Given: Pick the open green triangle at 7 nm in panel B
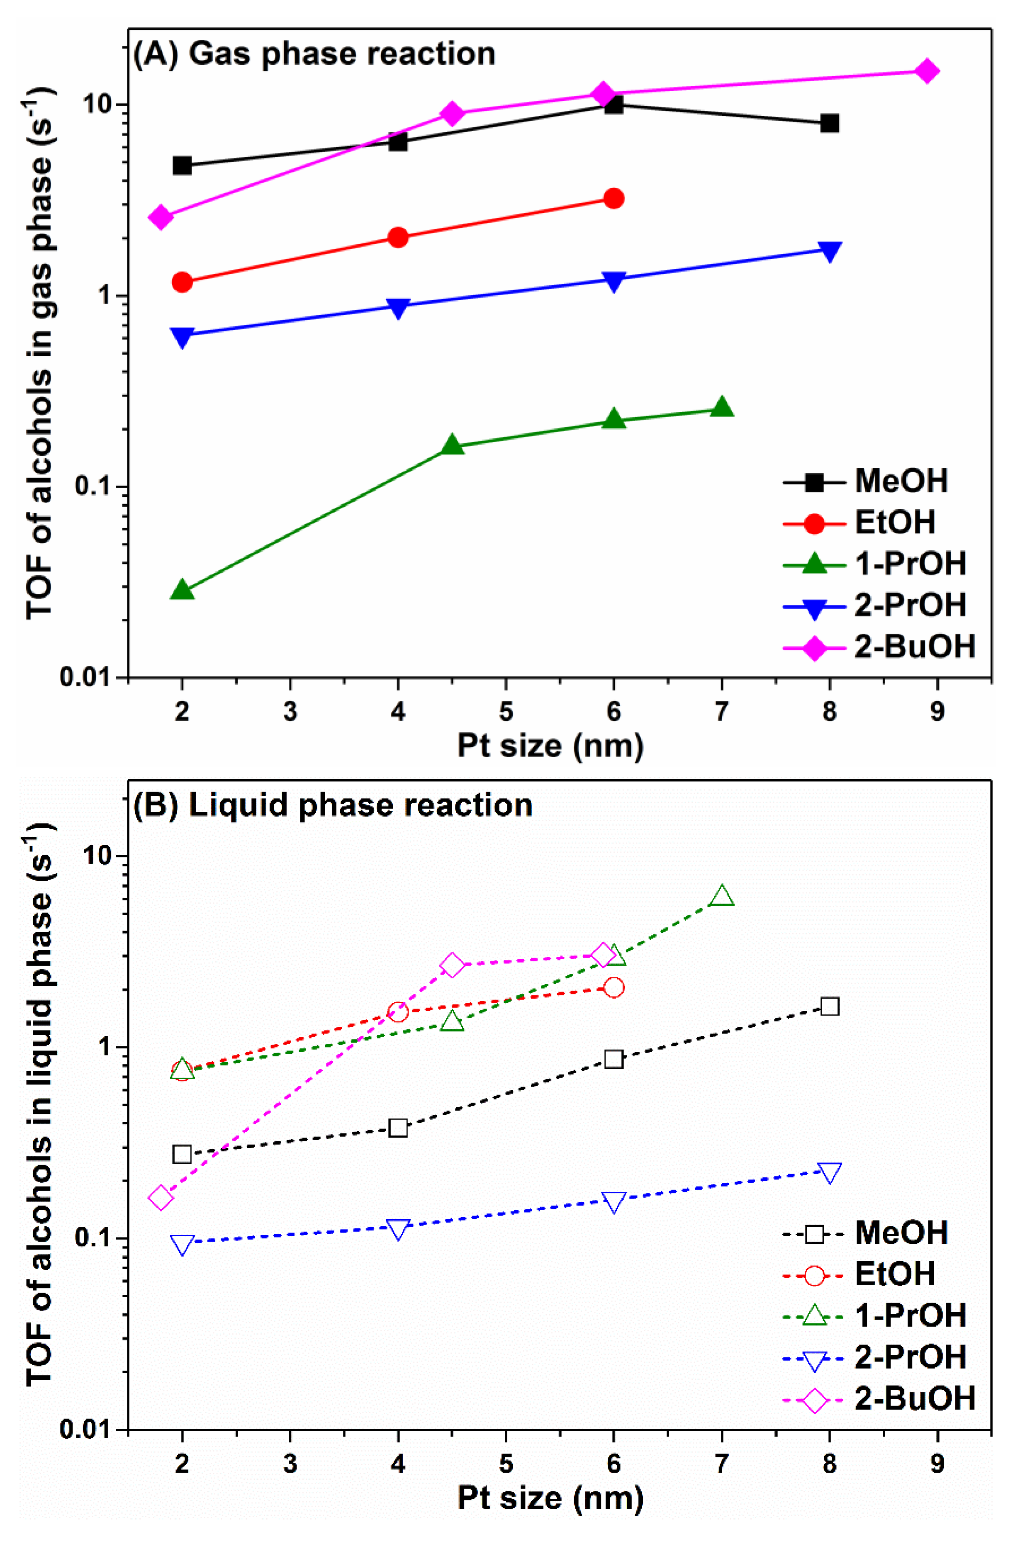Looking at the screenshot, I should click(722, 897).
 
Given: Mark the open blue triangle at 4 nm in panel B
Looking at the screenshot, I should click(398, 1228).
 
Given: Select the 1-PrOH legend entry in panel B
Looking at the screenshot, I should click(874, 1315).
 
